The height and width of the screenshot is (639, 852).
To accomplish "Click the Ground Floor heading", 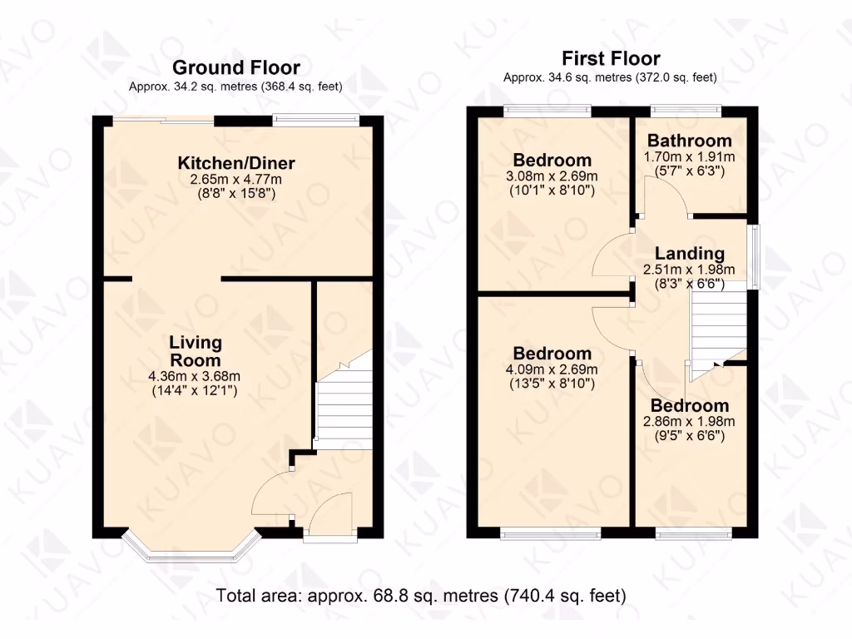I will [235, 67].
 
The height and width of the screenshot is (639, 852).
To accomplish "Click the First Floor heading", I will [611, 58].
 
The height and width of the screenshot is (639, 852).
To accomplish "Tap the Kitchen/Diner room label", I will [236, 163].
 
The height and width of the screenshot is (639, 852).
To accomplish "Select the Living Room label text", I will [196, 351].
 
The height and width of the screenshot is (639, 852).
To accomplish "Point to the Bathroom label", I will [690, 141].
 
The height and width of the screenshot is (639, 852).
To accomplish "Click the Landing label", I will [689, 253].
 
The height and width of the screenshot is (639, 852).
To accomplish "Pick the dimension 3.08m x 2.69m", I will [552, 176].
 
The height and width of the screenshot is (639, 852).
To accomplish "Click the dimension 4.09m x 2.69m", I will [552, 369].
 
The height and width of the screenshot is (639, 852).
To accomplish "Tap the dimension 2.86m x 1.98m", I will [689, 421].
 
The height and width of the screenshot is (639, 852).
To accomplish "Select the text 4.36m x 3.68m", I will [196, 375].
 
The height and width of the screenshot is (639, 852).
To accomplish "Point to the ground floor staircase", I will [343, 408].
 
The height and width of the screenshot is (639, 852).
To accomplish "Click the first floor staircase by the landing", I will [717, 333].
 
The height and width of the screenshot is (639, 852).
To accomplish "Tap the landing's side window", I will [755, 255].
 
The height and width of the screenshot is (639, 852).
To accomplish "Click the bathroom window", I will [686, 109].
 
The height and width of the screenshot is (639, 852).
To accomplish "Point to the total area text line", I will [421, 596].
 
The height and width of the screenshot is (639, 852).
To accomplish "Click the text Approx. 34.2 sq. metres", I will [194, 87].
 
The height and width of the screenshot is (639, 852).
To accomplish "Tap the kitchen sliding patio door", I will [164, 121].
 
